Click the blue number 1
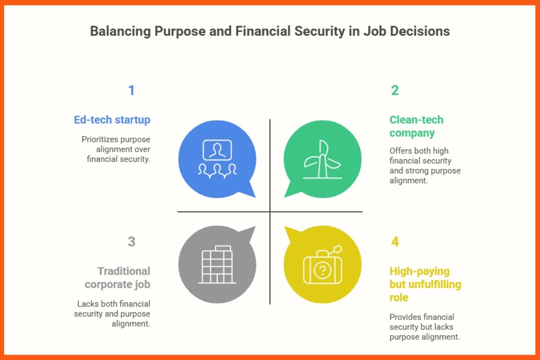tap(131, 90)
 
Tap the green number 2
tap(395, 90)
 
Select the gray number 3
tap(131, 242)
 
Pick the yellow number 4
tap(395, 242)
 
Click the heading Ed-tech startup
tap(112, 120)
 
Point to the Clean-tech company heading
tap(416, 126)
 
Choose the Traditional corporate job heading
tap(117, 278)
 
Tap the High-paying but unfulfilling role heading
tap(425, 284)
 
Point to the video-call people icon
tap(217, 157)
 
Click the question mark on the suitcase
tap(322, 270)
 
